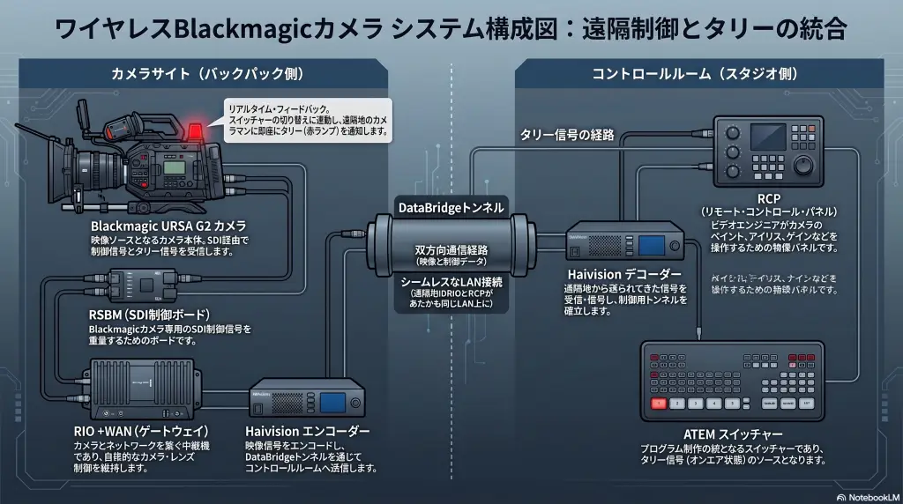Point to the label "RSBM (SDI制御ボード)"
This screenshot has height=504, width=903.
pos(149,315)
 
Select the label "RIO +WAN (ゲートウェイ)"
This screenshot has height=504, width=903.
pos(141,431)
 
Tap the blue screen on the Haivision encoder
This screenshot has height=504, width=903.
pos(332,403)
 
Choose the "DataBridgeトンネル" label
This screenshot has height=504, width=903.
pos(451,208)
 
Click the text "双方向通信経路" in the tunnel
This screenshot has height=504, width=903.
pos(451,249)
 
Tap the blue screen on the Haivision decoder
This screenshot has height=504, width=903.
pos(653,247)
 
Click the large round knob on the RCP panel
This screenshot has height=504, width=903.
pos(807,165)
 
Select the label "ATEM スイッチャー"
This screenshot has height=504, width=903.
pos(733,435)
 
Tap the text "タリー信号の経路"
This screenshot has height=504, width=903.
pos(567,134)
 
